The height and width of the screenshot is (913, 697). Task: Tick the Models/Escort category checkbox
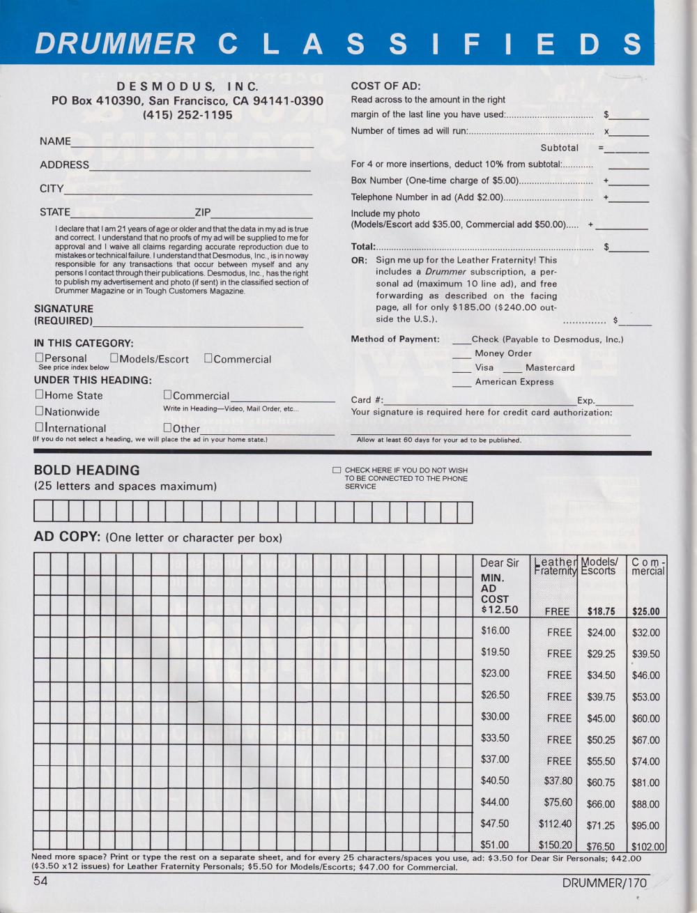pyautogui.click(x=114, y=358)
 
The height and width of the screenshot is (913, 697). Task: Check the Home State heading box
pyautogui.click(x=39, y=394)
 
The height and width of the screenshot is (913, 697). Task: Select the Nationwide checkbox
pyautogui.click(x=39, y=411)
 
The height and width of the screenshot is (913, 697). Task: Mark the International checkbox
pyautogui.click(x=39, y=427)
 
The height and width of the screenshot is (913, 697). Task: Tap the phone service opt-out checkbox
pyautogui.click(x=337, y=470)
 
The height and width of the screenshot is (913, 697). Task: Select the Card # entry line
pyautogui.click(x=480, y=404)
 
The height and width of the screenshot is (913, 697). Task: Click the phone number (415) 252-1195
pyautogui.click(x=187, y=115)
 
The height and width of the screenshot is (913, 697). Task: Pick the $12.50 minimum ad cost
pyautogui.click(x=500, y=610)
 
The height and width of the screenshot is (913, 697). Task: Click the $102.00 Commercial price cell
pyautogui.click(x=646, y=847)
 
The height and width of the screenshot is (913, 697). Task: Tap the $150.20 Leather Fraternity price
pyautogui.click(x=555, y=845)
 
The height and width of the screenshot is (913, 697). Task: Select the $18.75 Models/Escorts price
pyautogui.click(x=601, y=611)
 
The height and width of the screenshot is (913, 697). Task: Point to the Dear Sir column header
pyautogui.click(x=499, y=563)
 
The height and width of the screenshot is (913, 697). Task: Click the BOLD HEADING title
pyautogui.click(x=86, y=470)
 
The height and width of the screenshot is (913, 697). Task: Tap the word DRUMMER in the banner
pyautogui.click(x=115, y=43)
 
